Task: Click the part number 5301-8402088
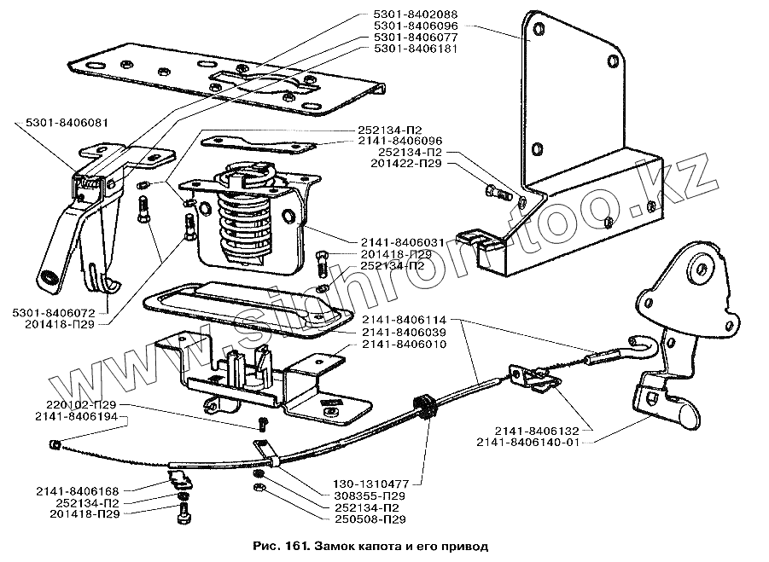pyautogui.click(x=415, y=14)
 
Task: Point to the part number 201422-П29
pyautogui.click(x=407, y=163)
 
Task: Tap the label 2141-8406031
pyautogui.click(x=403, y=242)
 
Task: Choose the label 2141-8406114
pyautogui.click(x=402, y=319)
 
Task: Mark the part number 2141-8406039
pyautogui.click(x=402, y=332)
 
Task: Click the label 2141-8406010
pyautogui.click(x=402, y=344)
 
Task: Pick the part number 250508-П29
pyautogui.click(x=364, y=519)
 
